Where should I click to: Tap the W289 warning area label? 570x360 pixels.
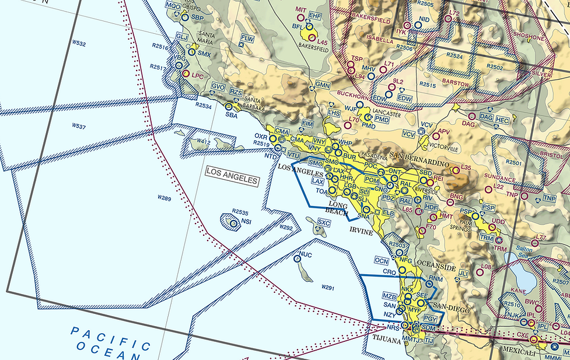tap(165, 199)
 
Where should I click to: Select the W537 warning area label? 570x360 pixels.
tap(79, 126)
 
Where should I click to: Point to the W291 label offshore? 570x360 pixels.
tap(327, 288)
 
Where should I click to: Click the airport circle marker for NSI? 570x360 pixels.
tap(233, 223)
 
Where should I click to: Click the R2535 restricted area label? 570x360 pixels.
tap(240, 212)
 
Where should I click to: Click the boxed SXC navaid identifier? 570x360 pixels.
tap(324, 222)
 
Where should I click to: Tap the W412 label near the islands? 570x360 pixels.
tap(204, 141)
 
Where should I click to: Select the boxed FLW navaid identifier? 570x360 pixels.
tap(248, 39)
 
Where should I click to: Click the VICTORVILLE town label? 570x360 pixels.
tap(446, 143)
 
